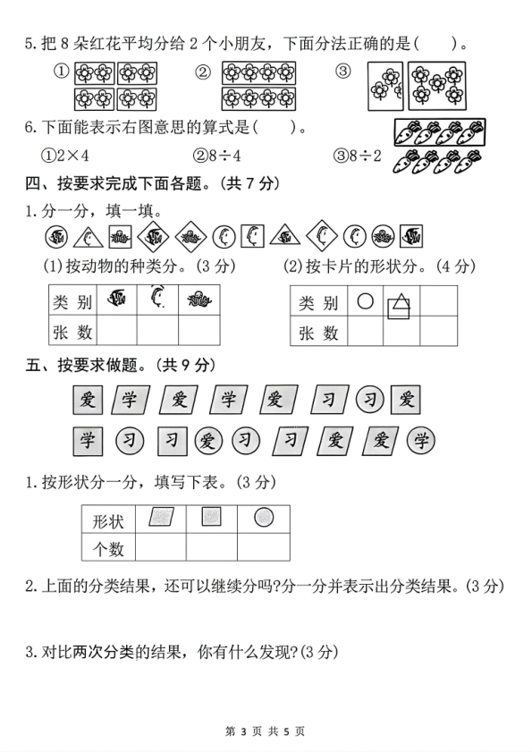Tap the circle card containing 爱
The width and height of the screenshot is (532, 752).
[x=208, y=440]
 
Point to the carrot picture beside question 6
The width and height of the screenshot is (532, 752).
[x=437, y=146]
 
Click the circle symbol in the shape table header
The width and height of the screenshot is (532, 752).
[x=364, y=302]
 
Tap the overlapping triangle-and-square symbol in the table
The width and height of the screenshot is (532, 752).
[x=400, y=306]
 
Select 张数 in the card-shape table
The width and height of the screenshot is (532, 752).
[x=318, y=333]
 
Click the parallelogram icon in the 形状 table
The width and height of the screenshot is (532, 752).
[x=160, y=518]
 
